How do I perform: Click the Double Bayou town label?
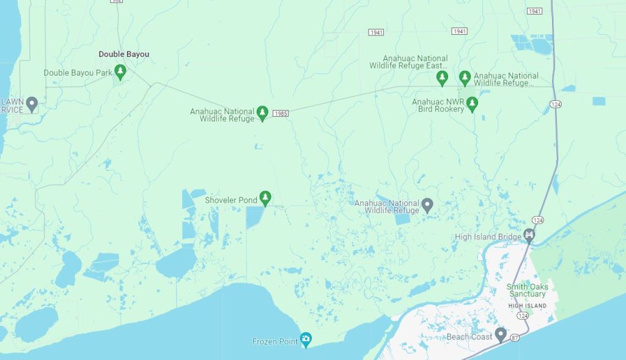123,54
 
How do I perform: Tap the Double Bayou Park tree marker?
120,72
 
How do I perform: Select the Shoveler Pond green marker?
265,198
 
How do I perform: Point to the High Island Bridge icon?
529,235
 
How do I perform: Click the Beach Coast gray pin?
501,334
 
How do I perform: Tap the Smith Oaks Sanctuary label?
526,290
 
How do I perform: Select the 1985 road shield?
280,114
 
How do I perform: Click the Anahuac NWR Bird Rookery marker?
472,105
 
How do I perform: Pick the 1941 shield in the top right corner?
534,11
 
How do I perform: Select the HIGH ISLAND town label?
527,306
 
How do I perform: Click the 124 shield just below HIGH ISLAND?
522,315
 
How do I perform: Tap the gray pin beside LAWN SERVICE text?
32,104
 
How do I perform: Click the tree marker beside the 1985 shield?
262,112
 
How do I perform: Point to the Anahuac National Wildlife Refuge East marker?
442,78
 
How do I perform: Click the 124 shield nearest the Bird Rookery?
555,105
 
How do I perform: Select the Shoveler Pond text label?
230,200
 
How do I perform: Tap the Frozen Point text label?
274,342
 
